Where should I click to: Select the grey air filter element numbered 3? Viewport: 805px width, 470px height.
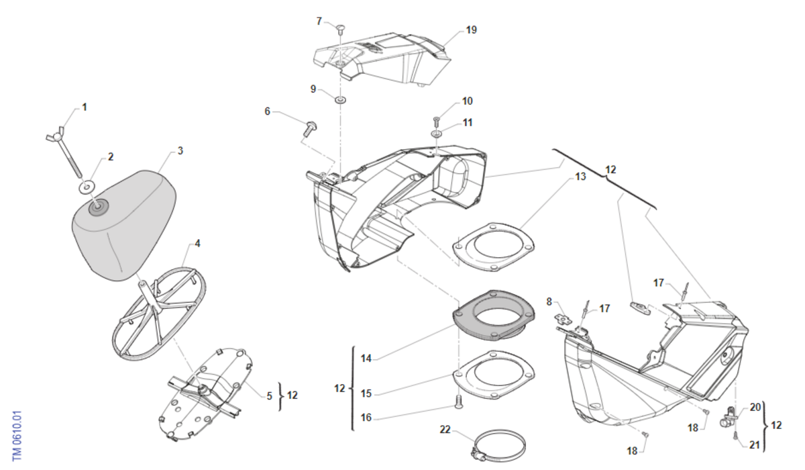pos(124,226)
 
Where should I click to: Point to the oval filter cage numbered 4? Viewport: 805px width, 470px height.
pos(159,314)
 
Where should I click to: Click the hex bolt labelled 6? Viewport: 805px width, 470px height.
pos(309,130)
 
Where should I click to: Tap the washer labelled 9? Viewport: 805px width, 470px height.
pos(340,99)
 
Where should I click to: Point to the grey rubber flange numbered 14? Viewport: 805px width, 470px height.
pos(494,316)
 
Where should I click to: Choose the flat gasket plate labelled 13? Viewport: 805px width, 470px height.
pos(493,246)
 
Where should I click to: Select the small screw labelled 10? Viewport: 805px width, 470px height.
pos(437,121)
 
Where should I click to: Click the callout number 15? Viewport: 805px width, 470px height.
pos(366,393)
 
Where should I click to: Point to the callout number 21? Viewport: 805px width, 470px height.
pos(754,445)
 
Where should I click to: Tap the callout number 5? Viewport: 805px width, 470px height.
pos(270,396)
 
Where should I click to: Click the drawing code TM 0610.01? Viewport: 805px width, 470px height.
pos(17,436)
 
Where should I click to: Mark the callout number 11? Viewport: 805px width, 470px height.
pos(467,123)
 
